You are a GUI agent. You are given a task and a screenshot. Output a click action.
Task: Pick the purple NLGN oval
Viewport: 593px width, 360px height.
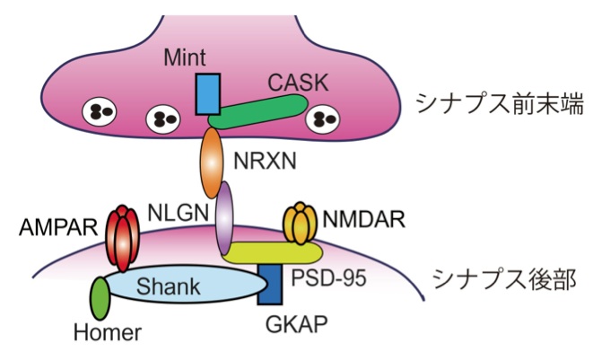coord(225,217)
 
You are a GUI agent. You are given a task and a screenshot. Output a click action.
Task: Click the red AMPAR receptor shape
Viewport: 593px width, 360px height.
coord(123,235)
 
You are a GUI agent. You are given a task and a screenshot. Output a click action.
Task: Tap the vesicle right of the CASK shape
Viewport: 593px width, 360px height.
coord(321,118)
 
